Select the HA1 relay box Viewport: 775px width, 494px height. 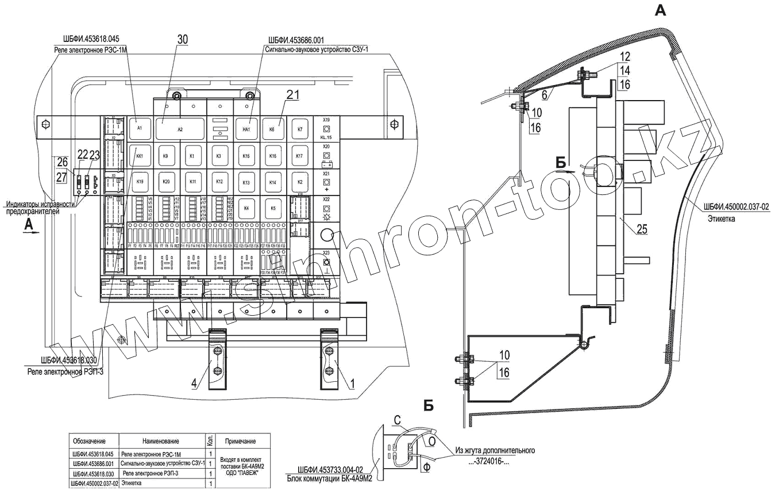[x=246, y=129]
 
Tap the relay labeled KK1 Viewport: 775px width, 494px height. [x=138, y=156]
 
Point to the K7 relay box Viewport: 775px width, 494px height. [x=299, y=129]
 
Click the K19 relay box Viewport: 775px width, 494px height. [x=138, y=182]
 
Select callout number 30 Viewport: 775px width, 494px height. [x=182, y=39]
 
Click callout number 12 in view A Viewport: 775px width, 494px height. [x=624, y=58]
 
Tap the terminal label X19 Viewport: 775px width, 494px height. [x=326, y=120]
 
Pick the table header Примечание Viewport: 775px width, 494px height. [x=240, y=441]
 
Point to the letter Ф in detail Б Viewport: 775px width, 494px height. [x=426, y=469]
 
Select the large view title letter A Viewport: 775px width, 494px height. [x=661, y=10]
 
